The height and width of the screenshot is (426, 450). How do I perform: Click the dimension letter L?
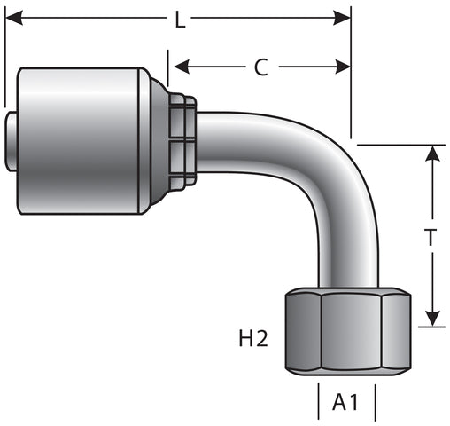pos(180,20)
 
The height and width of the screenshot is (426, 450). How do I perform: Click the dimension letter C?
pos(261,67)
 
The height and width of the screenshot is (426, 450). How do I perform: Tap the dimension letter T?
pos(431,238)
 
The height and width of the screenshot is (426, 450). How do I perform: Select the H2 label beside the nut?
pos(253,338)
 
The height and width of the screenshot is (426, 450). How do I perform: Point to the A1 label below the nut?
pos(345,402)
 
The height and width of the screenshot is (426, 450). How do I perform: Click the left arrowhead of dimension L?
pos(14,18)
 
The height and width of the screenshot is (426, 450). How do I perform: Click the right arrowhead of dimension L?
pos(342,18)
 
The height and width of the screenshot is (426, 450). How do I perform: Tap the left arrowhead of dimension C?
pos(182,67)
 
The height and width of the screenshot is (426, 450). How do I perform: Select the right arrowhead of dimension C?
pos(343,67)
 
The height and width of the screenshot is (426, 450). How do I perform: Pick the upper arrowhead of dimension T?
pos(433,154)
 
